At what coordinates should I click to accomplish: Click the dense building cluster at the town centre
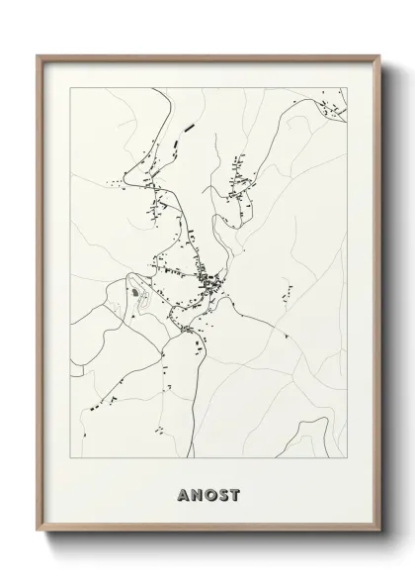pos(210,285)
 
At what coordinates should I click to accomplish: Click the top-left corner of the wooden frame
pos(39,55)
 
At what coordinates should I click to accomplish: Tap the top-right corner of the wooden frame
pos(378,55)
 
